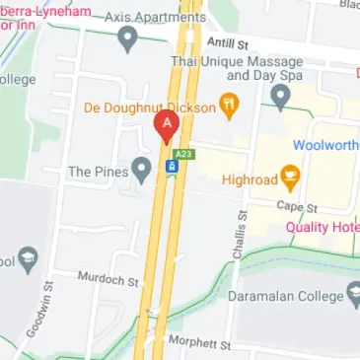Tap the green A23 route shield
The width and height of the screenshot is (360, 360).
click(182, 154)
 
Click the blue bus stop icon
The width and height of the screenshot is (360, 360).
click(172, 169)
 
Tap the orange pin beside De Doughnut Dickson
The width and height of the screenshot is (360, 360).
click(229, 105)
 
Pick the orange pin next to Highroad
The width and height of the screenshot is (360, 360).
click(290, 178)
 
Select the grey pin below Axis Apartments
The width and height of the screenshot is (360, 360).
click(126, 39)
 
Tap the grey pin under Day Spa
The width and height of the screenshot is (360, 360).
click(280, 96)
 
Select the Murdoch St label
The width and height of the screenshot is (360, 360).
click(108, 280)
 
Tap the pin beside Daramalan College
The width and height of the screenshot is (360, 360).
click(352, 295)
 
